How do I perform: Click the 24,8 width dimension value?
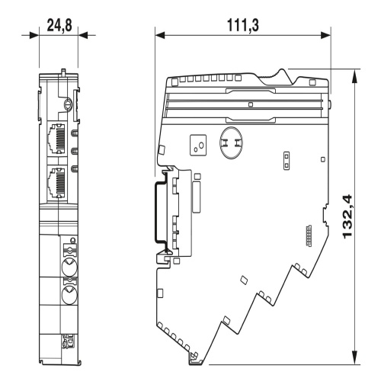(x=59, y=25)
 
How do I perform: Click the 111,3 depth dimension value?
(x=243, y=25)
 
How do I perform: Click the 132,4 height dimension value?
(x=347, y=216)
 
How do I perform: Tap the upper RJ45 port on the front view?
(x=56, y=139)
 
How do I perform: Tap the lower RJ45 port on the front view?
(x=56, y=182)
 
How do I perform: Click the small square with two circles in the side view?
(x=198, y=145)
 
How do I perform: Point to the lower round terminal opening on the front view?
(x=69, y=296)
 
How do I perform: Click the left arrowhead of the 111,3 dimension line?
(x=160, y=35)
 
